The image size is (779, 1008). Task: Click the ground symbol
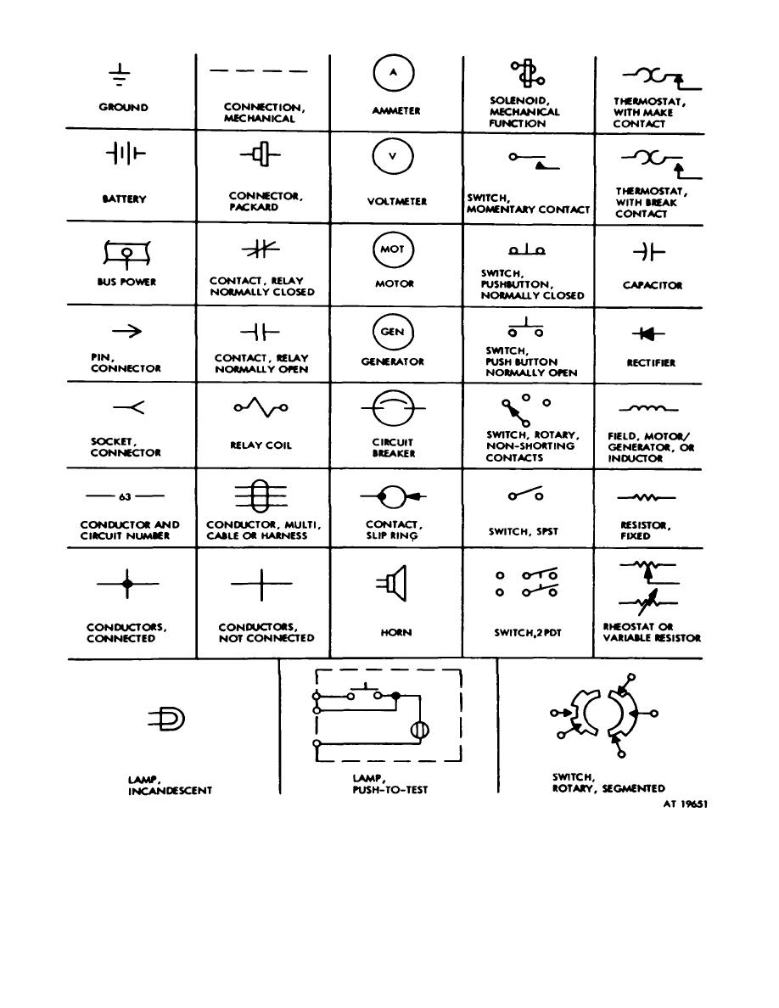tap(124, 76)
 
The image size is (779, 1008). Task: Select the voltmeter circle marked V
tap(393, 156)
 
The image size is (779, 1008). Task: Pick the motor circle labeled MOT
tap(393, 249)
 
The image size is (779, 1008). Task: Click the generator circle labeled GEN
tap(393, 332)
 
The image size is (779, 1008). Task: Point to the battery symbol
tap(126, 155)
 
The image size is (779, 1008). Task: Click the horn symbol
tap(393, 583)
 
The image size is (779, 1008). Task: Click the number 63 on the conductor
tap(126, 497)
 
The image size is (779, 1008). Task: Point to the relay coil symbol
tap(261, 409)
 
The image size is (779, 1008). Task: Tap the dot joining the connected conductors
tap(127, 584)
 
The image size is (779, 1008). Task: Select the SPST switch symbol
tap(525, 495)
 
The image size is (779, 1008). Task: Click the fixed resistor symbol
tap(647, 497)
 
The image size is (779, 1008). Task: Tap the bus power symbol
tap(126, 252)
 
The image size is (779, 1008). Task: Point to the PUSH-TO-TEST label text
tap(389, 790)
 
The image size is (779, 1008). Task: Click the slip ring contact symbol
tap(393, 496)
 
